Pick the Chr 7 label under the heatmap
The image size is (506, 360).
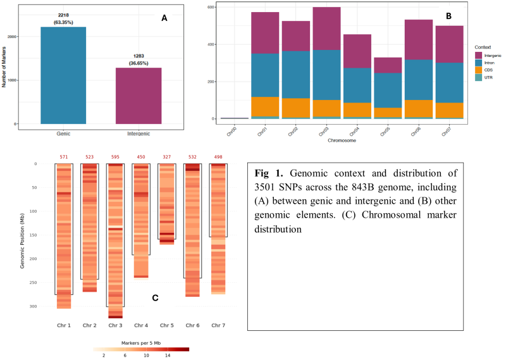pyautogui.click(x=218, y=325)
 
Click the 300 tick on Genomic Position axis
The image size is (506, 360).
pyautogui.click(x=33, y=306)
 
